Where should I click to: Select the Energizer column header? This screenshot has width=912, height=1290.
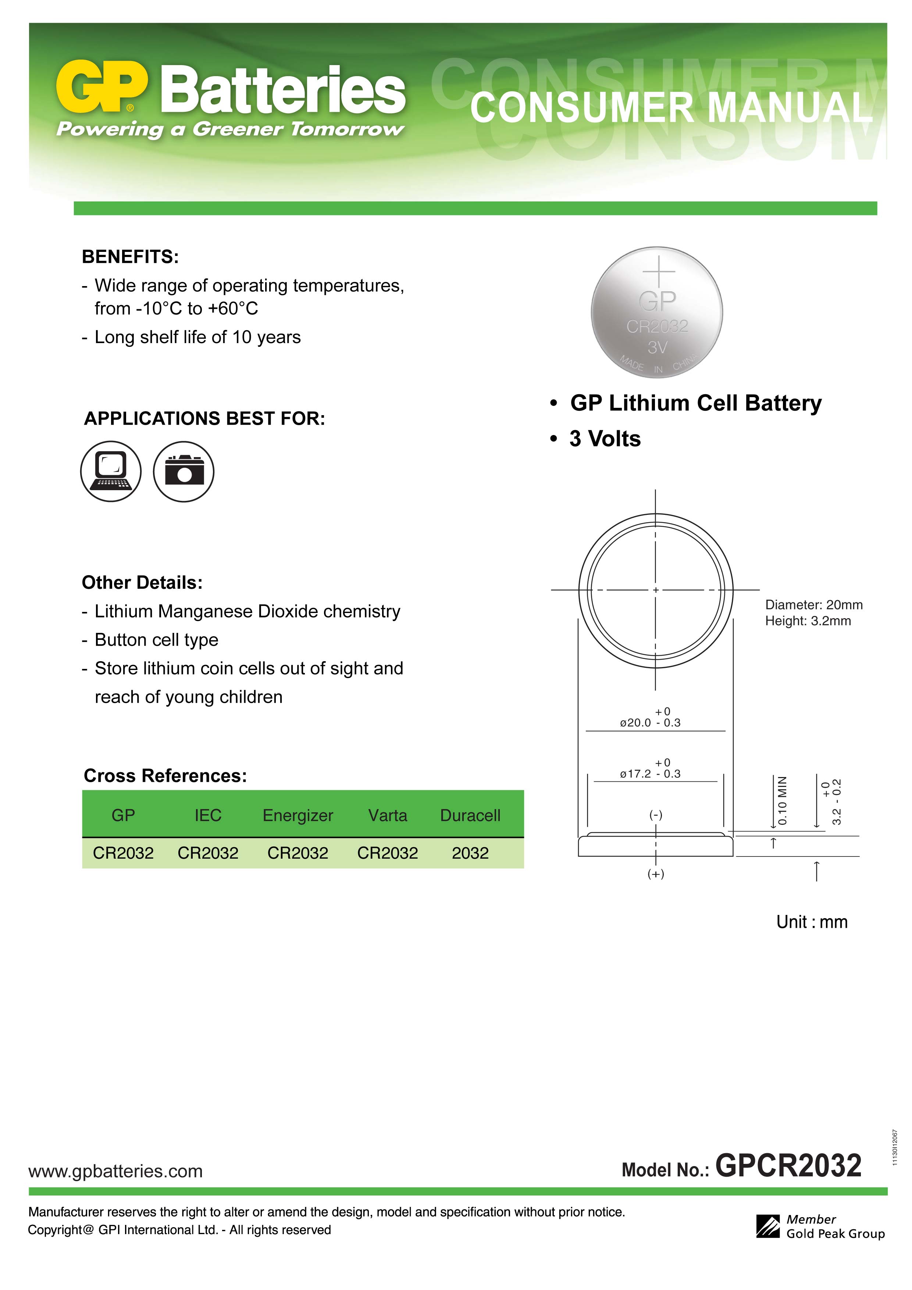click(x=298, y=815)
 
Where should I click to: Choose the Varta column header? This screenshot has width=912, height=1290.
click(x=388, y=815)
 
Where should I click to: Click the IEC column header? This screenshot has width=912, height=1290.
click(x=208, y=815)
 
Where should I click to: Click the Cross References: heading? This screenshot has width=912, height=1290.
click(x=165, y=776)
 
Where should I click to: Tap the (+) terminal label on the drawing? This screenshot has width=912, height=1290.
click(x=656, y=874)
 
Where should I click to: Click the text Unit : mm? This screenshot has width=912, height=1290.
click(x=811, y=922)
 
